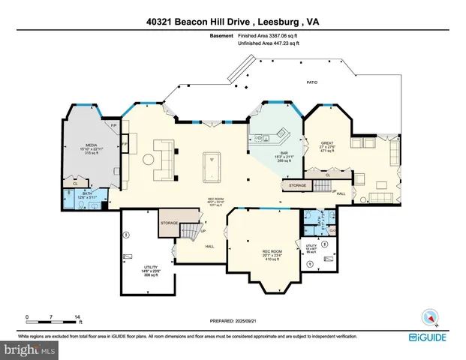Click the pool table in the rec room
pos(212,163)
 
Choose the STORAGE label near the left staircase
pos(170,223)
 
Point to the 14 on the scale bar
pos(77,317)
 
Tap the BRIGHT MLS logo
pos(27,350)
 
